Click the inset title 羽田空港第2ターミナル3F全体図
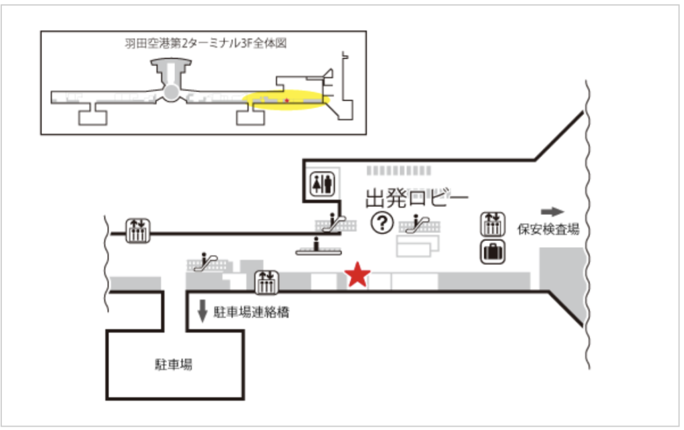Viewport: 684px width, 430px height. (206, 43)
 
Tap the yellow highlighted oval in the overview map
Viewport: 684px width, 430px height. (286, 100)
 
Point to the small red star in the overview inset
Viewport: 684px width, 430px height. (287, 101)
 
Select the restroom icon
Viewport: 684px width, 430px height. (323, 184)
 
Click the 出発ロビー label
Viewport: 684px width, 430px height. (417, 198)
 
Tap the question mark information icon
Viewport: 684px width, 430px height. (382, 223)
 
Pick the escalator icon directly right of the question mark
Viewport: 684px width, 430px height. (419, 224)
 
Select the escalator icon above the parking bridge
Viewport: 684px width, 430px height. (206, 262)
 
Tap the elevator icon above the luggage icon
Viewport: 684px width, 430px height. (493, 224)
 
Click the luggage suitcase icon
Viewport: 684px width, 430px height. (493, 252)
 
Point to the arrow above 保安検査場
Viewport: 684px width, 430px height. (552, 212)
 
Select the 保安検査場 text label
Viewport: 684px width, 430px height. (548, 230)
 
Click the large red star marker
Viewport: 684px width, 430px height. (357, 275)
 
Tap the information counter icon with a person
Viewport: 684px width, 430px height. (319, 247)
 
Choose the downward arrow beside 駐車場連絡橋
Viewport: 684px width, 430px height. (202, 311)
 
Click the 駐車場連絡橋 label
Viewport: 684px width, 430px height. (251, 312)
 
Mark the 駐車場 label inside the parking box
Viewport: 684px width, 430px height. (174, 365)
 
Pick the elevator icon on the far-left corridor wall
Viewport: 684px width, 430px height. (138, 231)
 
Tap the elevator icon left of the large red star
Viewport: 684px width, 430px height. (267, 282)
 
